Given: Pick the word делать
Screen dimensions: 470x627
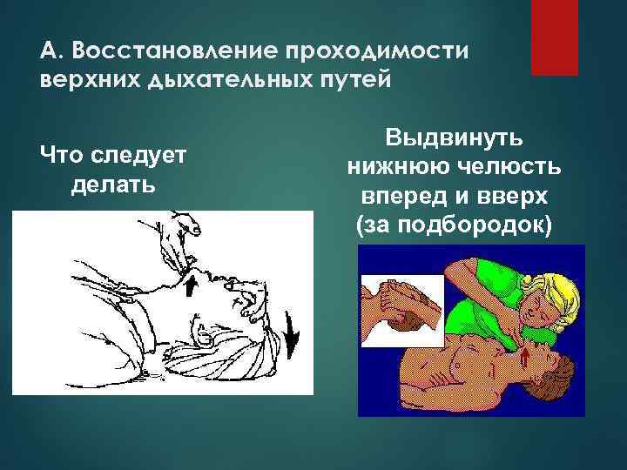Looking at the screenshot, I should [111, 185].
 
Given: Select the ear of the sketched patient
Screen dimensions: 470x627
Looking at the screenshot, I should [207, 331].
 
